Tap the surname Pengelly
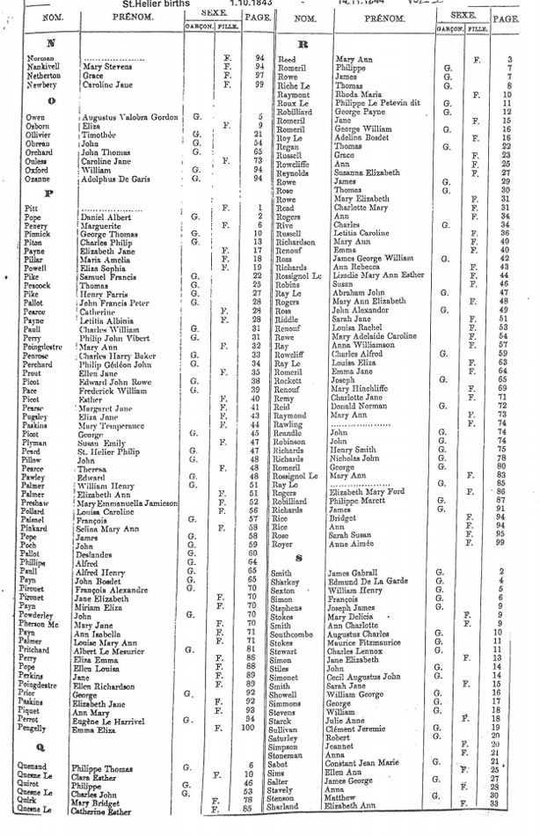click(39, 728)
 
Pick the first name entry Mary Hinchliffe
click(359, 389)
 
